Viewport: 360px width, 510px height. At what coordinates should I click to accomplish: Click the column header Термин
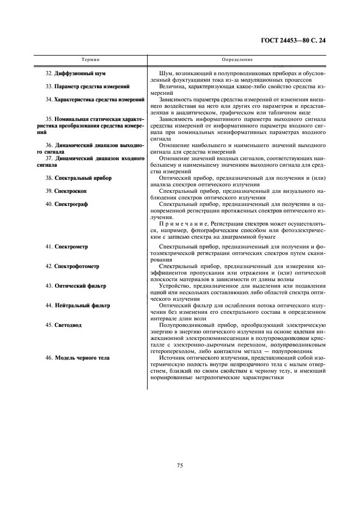pyautogui.click(x=90, y=59)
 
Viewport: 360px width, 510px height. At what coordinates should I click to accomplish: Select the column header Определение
pyautogui.click(x=237, y=59)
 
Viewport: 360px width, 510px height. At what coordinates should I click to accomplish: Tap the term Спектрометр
pyautogui.click(x=72, y=247)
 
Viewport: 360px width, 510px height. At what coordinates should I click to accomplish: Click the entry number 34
pyautogui.click(x=49, y=99)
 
